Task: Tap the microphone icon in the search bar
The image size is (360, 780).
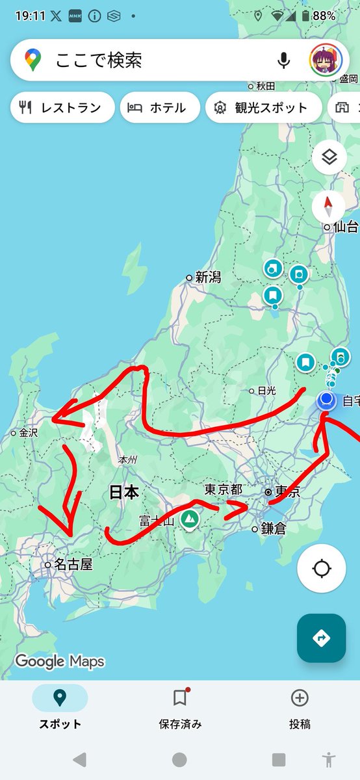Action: [x=283, y=60]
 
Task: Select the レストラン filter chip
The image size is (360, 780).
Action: [x=62, y=108]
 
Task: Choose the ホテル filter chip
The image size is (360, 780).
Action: [x=160, y=108]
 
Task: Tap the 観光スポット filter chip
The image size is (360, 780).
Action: [x=263, y=108]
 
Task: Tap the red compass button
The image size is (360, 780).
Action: [x=329, y=207]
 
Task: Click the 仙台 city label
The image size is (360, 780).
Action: [x=345, y=227]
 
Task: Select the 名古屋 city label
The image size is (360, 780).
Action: [x=73, y=565]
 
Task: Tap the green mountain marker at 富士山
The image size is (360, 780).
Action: [x=189, y=519]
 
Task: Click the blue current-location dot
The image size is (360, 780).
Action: [x=328, y=399]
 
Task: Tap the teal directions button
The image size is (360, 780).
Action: [x=321, y=638]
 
